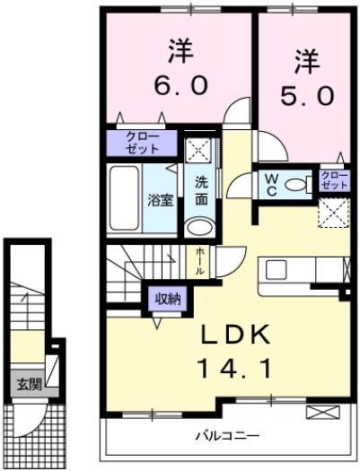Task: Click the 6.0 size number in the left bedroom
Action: click(180, 84)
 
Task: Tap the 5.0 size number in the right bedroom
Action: click(307, 95)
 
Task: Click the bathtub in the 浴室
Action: click(124, 198)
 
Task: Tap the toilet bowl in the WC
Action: click(295, 185)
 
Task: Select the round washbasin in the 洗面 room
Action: click(200, 228)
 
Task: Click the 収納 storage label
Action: click(168, 299)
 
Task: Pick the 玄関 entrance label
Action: click(29, 384)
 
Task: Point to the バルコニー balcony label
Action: click(227, 435)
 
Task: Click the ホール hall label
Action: click(199, 261)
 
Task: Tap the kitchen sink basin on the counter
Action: click(277, 269)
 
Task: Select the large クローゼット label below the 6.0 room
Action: click(142, 143)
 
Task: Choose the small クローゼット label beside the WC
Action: click(334, 180)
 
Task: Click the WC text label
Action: click(272, 185)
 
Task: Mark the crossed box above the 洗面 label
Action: click(199, 150)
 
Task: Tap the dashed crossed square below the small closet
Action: click(334, 213)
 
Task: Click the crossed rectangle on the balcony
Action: click(322, 412)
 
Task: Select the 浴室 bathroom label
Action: click(161, 200)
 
